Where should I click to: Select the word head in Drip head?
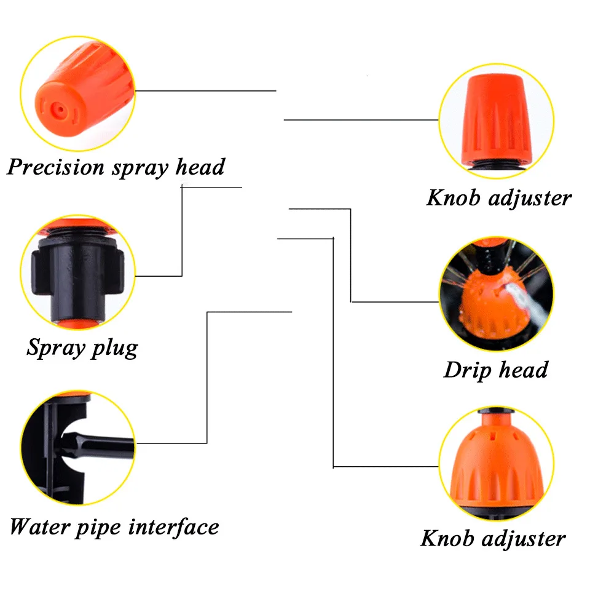coord(523,370)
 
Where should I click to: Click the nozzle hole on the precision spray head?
coord(58,109)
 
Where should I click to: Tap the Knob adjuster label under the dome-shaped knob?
coord(493,539)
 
